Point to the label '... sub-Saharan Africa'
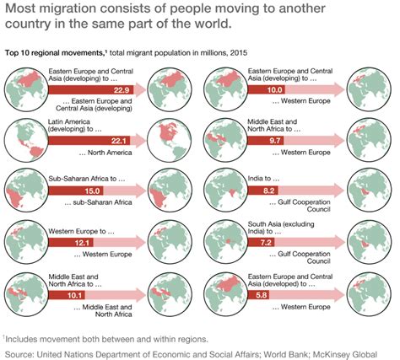[95, 204]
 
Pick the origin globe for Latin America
[25, 136]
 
